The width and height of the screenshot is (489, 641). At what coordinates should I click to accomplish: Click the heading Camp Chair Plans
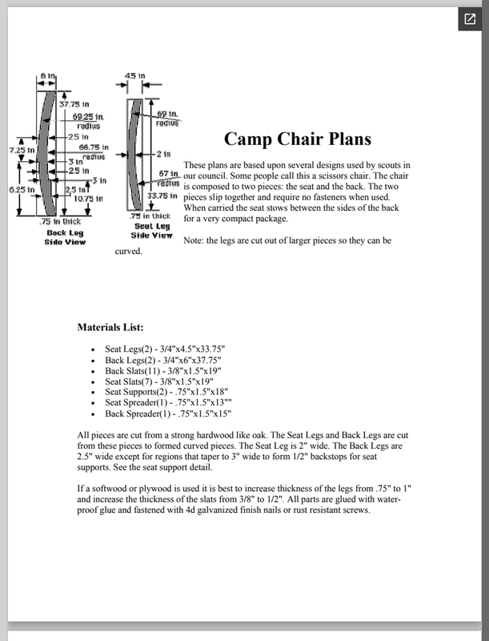[297, 139]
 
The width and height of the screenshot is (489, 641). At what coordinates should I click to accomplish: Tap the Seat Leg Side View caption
[151, 231]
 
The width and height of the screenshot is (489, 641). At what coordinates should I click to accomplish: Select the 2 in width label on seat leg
[164, 152]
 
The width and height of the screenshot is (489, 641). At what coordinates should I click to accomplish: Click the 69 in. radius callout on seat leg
[167, 119]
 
